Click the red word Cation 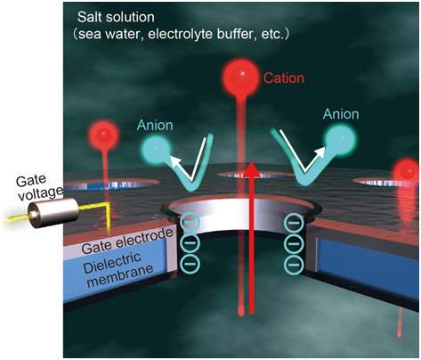(x=284, y=78)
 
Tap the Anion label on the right (x=341, y=114)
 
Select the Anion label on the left (x=155, y=126)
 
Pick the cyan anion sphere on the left (x=157, y=148)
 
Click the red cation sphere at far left (x=103, y=135)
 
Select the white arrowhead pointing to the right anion (x=320, y=152)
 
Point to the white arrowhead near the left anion (x=175, y=161)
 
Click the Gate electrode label (x=127, y=241)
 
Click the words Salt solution (x=116, y=17)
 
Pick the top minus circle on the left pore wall (x=190, y=222)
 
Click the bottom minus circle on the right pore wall (x=294, y=265)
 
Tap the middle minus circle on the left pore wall (x=190, y=243)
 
